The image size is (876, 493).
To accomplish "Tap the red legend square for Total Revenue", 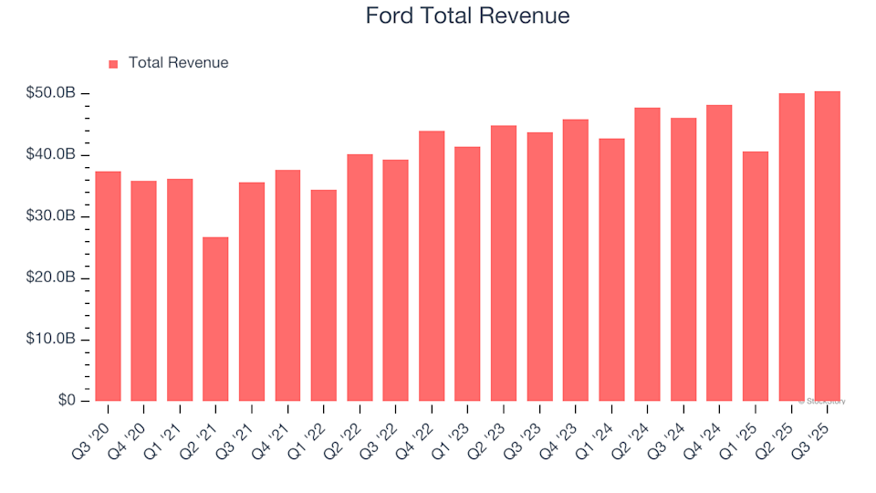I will coord(113,64).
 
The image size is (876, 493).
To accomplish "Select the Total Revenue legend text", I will coord(178,63).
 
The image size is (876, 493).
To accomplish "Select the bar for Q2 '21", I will coord(215,320).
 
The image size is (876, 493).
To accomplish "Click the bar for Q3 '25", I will coord(827,246).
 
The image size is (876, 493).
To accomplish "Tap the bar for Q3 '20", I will coord(108,287).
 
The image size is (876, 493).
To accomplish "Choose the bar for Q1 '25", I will coord(755,277).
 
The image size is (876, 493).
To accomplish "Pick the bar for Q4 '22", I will coord(432,267).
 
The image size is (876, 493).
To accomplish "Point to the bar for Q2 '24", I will coord(647,255).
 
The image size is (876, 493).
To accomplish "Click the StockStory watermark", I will coord(822,401).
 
